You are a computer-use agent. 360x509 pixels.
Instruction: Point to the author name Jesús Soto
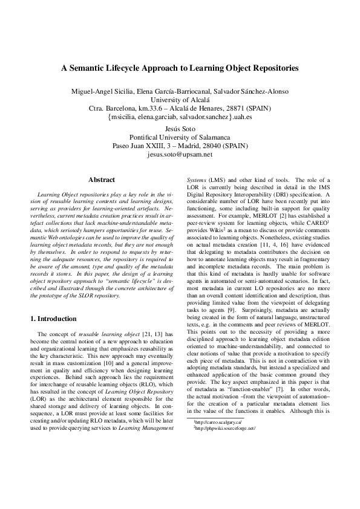point(180,129)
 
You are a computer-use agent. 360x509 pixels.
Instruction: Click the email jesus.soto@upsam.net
point(180,154)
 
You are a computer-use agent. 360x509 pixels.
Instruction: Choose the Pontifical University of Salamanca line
point(180,137)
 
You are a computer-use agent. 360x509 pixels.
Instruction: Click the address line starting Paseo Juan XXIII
point(180,146)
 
